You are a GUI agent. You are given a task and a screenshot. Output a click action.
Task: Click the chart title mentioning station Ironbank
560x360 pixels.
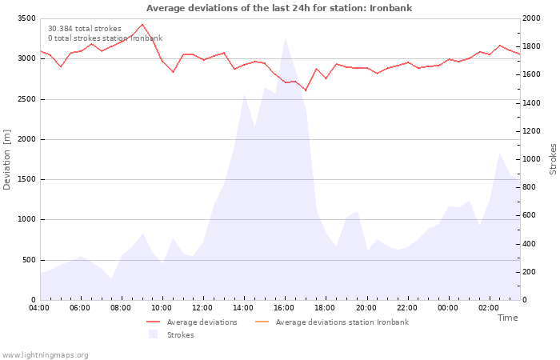(x=279, y=8)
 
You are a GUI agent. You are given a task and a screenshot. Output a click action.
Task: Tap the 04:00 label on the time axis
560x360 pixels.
(x=39, y=307)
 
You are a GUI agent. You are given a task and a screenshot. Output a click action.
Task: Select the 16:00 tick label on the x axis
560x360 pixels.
(x=284, y=307)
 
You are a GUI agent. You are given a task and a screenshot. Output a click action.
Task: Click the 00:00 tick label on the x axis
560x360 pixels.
(x=447, y=307)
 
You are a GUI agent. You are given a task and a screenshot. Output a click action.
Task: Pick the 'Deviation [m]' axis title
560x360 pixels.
(x=8, y=159)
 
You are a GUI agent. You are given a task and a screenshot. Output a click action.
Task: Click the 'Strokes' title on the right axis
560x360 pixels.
(x=553, y=159)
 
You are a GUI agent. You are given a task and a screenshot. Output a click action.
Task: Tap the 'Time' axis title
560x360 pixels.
(x=507, y=318)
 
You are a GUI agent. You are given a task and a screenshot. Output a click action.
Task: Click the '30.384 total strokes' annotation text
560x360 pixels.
(x=85, y=29)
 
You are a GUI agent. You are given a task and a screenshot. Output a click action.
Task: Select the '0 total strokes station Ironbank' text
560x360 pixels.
(x=105, y=38)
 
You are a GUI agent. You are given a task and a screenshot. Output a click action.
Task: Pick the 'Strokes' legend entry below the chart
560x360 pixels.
(x=180, y=335)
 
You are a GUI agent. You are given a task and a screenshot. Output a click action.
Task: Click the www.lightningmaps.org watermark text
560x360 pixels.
(x=46, y=355)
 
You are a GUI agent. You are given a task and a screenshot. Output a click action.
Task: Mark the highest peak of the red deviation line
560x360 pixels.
(x=142, y=24)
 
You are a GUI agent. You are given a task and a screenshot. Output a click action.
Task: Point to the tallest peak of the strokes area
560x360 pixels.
(x=285, y=38)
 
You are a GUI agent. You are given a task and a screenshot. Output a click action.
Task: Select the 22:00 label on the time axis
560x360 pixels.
(x=406, y=307)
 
